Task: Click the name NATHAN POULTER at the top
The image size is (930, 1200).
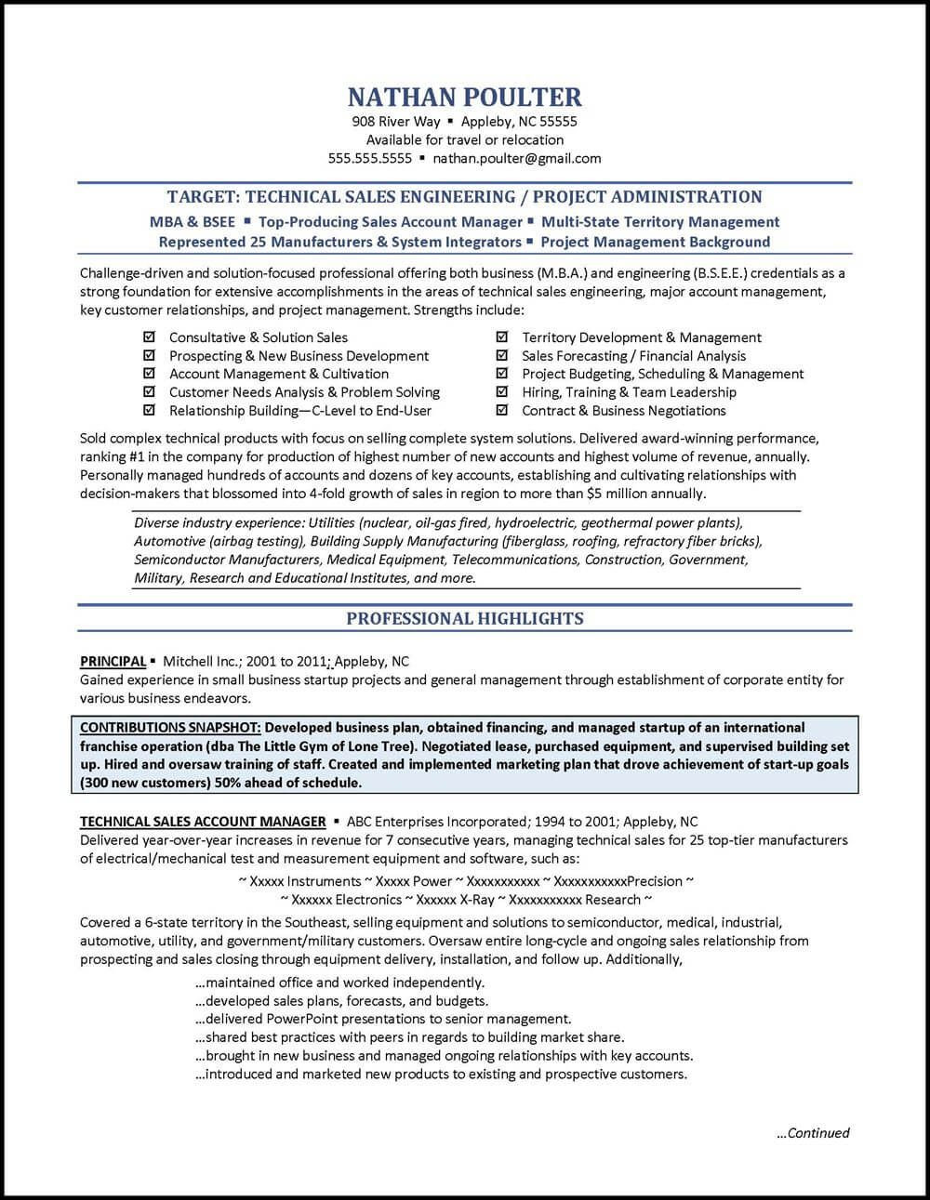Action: pyautogui.click(x=464, y=97)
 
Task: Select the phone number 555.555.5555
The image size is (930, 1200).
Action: pyautogui.click(x=369, y=158)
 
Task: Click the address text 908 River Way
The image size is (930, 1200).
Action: pyautogui.click(x=395, y=121)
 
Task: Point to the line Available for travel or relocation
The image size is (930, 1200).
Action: pyautogui.click(x=464, y=139)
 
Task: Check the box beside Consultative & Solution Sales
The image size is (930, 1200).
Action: pyautogui.click(x=148, y=337)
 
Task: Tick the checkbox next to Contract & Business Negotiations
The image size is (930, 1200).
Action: pyautogui.click(x=502, y=410)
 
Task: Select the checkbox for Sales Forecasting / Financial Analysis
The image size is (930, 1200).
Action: pyautogui.click(x=502, y=355)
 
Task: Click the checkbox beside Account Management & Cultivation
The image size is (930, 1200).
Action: pyautogui.click(x=148, y=374)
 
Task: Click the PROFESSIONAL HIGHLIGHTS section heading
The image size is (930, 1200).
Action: pyautogui.click(x=464, y=618)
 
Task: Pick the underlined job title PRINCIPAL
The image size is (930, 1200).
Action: pyautogui.click(x=113, y=662)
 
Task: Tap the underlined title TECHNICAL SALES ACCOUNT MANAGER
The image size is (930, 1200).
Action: pyautogui.click(x=203, y=822)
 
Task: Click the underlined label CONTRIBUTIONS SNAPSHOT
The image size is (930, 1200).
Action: pyautogui.click(x=170, y=727)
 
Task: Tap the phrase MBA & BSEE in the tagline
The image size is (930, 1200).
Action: pyautogui.click(x=192, y=222)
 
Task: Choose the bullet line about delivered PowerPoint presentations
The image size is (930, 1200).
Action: pyautogui.click(x=382, y=1019)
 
